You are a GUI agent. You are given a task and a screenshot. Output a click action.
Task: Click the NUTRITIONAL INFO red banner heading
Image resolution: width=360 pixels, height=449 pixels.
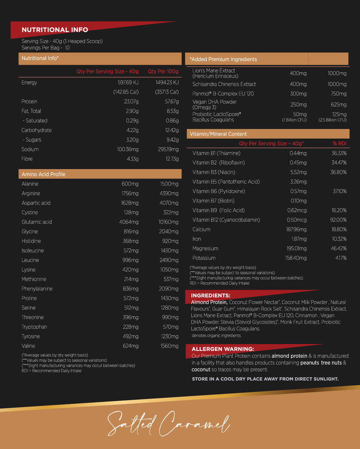coord(55,30)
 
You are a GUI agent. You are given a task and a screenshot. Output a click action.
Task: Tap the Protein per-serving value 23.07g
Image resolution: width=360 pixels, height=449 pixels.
coord(130,101)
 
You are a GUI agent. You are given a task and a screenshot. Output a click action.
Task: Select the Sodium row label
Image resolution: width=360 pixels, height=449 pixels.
coord(30,150)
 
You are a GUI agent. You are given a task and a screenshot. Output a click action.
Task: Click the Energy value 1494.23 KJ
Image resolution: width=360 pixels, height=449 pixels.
coord(167,82)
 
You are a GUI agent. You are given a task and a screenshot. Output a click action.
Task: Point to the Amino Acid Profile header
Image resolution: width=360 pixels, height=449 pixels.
coord(43,174)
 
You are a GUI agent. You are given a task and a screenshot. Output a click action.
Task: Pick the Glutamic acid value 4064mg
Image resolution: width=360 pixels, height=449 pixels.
coord(128,222)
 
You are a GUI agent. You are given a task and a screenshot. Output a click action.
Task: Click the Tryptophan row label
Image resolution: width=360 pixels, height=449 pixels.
coord(34,327)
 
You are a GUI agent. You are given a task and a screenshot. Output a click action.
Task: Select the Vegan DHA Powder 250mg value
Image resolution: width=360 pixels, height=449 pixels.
coord(298,105)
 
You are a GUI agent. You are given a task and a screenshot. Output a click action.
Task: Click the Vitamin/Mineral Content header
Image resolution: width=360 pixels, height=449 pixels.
coord(218,134)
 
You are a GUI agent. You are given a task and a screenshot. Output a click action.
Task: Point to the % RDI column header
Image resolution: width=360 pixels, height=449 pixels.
coord(339,143)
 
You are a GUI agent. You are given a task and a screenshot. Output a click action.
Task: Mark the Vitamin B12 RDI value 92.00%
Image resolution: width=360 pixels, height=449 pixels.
coord(339,220)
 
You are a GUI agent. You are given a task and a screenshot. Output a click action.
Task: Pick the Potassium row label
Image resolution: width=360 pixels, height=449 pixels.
coord(204,258)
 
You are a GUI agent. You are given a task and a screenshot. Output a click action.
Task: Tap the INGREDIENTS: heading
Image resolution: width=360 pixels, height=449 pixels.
coord(210,296)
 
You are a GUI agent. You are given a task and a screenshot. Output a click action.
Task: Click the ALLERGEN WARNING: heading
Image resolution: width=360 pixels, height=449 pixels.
coord(223,349)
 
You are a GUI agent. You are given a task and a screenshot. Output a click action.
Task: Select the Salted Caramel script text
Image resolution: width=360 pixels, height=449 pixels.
coord(168,423)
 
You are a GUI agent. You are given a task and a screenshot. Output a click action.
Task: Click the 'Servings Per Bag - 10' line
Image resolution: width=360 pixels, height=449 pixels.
coord(46,47)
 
